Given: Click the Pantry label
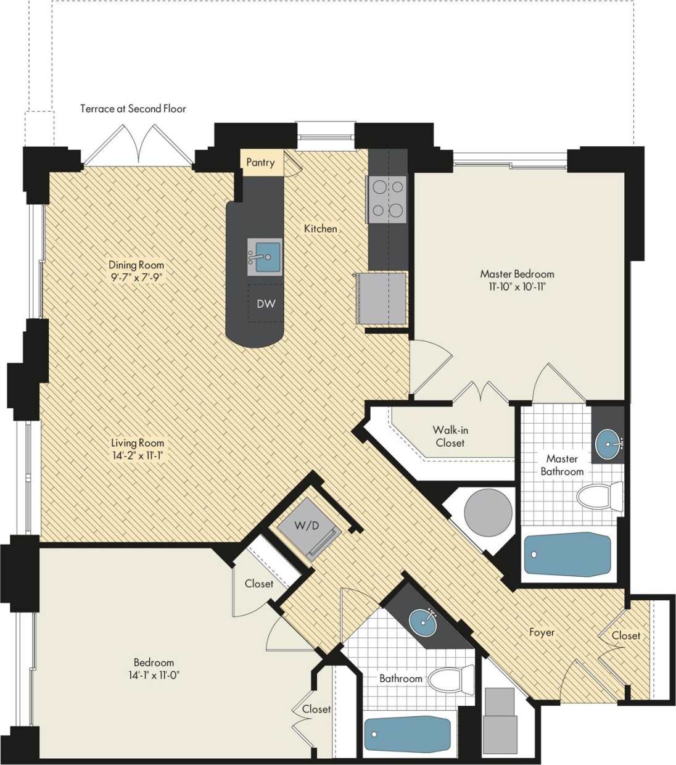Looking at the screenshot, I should point(260,162).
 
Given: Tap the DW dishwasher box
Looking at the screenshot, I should point(266,304).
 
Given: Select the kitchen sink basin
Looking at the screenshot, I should point(266,255).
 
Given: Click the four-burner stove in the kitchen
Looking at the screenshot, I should point(387,199).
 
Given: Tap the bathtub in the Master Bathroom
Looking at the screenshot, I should point(567,554).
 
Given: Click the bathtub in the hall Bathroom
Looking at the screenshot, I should point(407,735).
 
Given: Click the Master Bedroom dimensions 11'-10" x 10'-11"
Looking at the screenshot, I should point(517,287).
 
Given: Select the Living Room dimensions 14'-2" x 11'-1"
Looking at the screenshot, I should point(138,456).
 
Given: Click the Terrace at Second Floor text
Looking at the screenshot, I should point(133,109).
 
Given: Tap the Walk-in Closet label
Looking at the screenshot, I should point(450,436).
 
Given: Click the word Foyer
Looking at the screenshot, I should point(542,632).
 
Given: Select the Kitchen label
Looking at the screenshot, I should point(321,228).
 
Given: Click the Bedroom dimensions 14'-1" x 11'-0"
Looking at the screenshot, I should point(154,675).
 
